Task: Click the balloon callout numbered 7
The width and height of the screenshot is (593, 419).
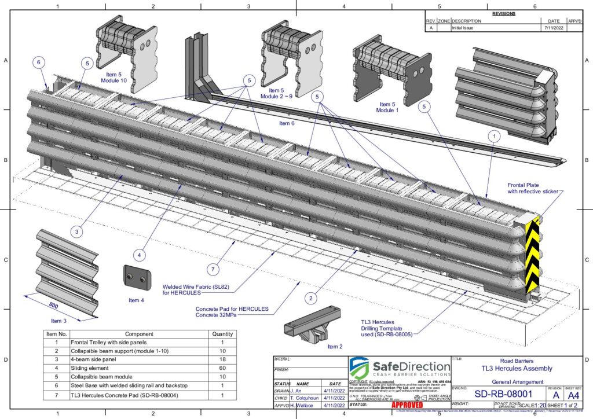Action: (213, 270)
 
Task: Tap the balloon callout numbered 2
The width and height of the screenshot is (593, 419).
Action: (312, 298)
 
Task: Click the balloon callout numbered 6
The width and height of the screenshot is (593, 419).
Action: (39, 63)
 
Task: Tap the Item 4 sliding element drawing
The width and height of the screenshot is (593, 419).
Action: (137, 277)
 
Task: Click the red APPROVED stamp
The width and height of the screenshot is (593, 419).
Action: (408, 405)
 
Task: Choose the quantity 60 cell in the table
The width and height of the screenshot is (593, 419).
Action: (222, 367)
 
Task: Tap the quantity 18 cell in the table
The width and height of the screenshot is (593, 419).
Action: (222, 359)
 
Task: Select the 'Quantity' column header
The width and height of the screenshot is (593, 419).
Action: (222, 334)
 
